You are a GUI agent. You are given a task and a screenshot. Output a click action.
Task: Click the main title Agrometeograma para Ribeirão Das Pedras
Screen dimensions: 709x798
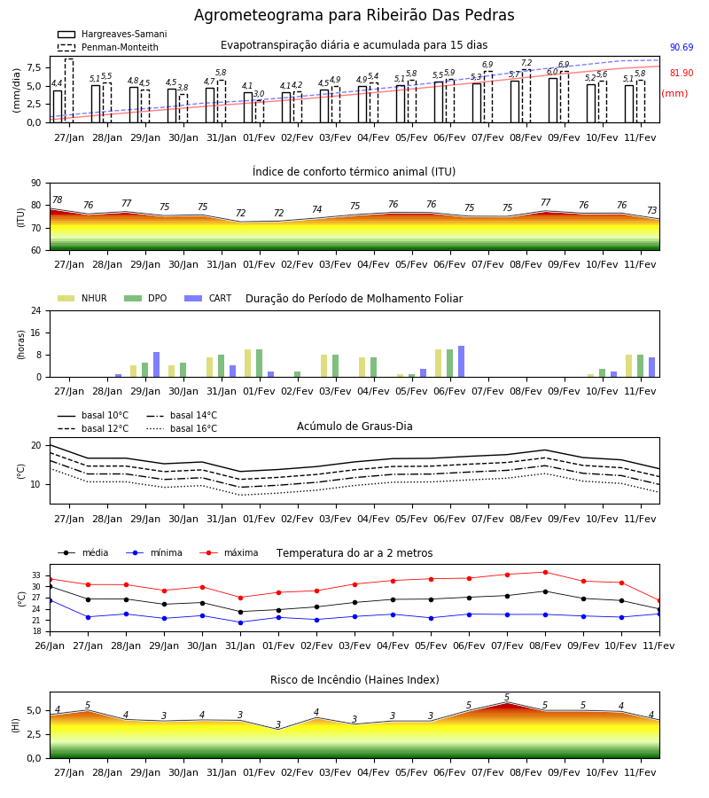[x=354, y=15]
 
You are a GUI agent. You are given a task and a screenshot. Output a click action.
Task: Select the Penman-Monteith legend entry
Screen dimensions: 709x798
[x=108, y=47]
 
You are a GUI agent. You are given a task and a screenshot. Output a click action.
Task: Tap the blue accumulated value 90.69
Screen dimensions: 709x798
[x=682, y=47]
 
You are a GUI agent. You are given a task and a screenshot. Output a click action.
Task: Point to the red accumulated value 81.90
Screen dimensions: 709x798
[x=682, y=73]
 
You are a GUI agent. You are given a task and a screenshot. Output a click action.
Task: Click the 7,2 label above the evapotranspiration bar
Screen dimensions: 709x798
[x=526, y=63]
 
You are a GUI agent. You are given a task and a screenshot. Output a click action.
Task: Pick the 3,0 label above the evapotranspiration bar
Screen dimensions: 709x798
[x=259, y=94]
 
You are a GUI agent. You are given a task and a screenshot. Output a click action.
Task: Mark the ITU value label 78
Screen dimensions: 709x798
[x=58, y=200]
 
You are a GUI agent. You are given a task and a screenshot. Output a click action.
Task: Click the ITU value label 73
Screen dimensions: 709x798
[x=651, y=210]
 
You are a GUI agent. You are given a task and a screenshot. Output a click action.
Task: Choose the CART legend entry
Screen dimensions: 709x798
[x=208, y=298]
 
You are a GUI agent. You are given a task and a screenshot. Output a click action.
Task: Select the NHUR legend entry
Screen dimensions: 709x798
[x=82, y=298]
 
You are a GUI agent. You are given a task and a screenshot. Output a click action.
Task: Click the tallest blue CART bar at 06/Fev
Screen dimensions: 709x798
[x=462, y=362]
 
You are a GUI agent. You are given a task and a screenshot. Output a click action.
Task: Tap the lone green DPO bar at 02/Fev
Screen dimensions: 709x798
[x=297, y=374]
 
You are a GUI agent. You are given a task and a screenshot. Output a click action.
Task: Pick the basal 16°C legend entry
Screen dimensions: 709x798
[x=182, y=428]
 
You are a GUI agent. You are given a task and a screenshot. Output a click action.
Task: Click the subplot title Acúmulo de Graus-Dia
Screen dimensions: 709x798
[x=354, y=426]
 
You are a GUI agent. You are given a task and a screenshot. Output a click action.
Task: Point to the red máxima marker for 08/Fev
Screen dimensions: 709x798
[x=546, y=572]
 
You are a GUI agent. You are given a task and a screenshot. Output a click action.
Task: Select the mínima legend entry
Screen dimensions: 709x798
[x=154, y=552]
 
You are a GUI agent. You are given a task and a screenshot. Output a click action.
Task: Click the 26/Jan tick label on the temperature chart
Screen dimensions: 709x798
[x=50, y=645]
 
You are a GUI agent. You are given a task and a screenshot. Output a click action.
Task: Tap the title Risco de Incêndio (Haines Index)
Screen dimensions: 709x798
[x=354, y=680]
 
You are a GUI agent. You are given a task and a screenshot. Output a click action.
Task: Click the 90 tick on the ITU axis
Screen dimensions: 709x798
[x=36, y=184]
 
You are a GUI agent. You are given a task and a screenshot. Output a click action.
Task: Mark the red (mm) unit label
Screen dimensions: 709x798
[x=675, y=94]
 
